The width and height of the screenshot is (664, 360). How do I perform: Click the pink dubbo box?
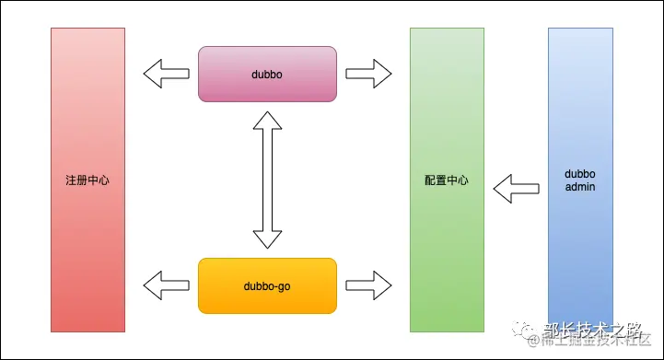pos(267,74)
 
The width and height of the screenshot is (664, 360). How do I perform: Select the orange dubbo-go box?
pos(267,285)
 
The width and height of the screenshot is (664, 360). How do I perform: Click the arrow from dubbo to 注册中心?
pos(166,74)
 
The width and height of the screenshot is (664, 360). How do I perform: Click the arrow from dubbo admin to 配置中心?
pos(516,189)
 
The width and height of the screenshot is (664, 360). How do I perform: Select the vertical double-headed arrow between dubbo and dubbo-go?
pos(267,180)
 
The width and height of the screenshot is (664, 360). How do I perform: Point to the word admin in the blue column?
pos(580,188)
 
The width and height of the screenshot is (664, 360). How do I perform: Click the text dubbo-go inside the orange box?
pos(267,285)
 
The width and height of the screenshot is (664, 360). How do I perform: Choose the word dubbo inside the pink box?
pos(267,74)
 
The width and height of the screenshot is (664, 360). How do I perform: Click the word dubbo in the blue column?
pos(580,173)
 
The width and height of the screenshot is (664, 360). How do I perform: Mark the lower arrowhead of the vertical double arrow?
pos(267,238)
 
